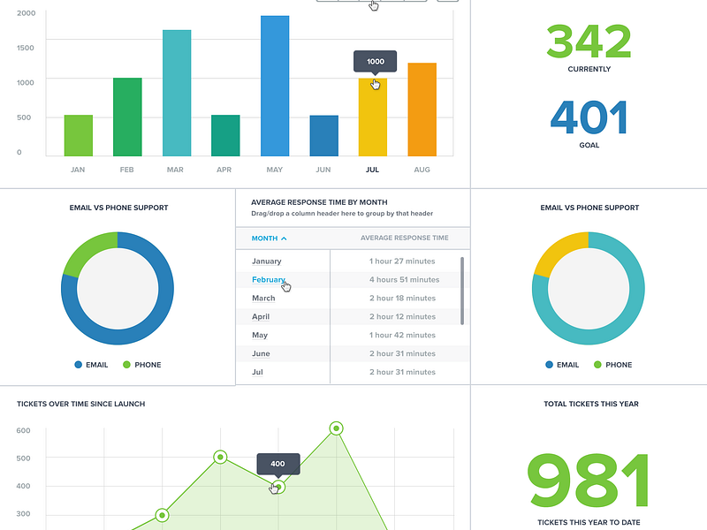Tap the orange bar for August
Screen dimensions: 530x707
click(x=422, y=110)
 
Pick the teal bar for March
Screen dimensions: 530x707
click(x=177, y=93)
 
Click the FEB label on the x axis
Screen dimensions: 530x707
click(x=126, y=170)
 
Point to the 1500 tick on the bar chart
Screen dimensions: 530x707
click(x=26, y=47)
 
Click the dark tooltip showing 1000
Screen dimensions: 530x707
click(x=376, y=62)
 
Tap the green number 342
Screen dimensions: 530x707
click(x=589, y=41)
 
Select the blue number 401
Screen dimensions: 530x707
click(x=589, y=117)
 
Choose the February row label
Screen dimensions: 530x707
click(x=269, y=280)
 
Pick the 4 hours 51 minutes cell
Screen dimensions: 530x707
click(x=404, y=280)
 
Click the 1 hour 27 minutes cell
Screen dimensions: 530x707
click(x=402, y=261)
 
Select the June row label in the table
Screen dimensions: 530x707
click(x=261, y=353)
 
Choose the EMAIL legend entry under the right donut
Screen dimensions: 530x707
click(x=562, y=365)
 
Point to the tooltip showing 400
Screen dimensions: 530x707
click(x=277, y=464)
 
